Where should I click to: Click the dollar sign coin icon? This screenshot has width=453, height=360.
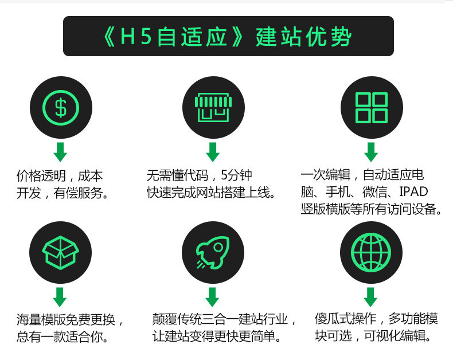tap(60, 107)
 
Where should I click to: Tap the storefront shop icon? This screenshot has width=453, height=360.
tap(213, 107)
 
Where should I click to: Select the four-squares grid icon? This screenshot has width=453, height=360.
tap(371, 107)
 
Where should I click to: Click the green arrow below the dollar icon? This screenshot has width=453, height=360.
tap(60, 152)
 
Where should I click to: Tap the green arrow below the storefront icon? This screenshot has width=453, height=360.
tap(213, 152)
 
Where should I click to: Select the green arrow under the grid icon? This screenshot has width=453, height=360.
tap(371, 152)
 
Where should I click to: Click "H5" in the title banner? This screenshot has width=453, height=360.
tap(136, 37)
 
